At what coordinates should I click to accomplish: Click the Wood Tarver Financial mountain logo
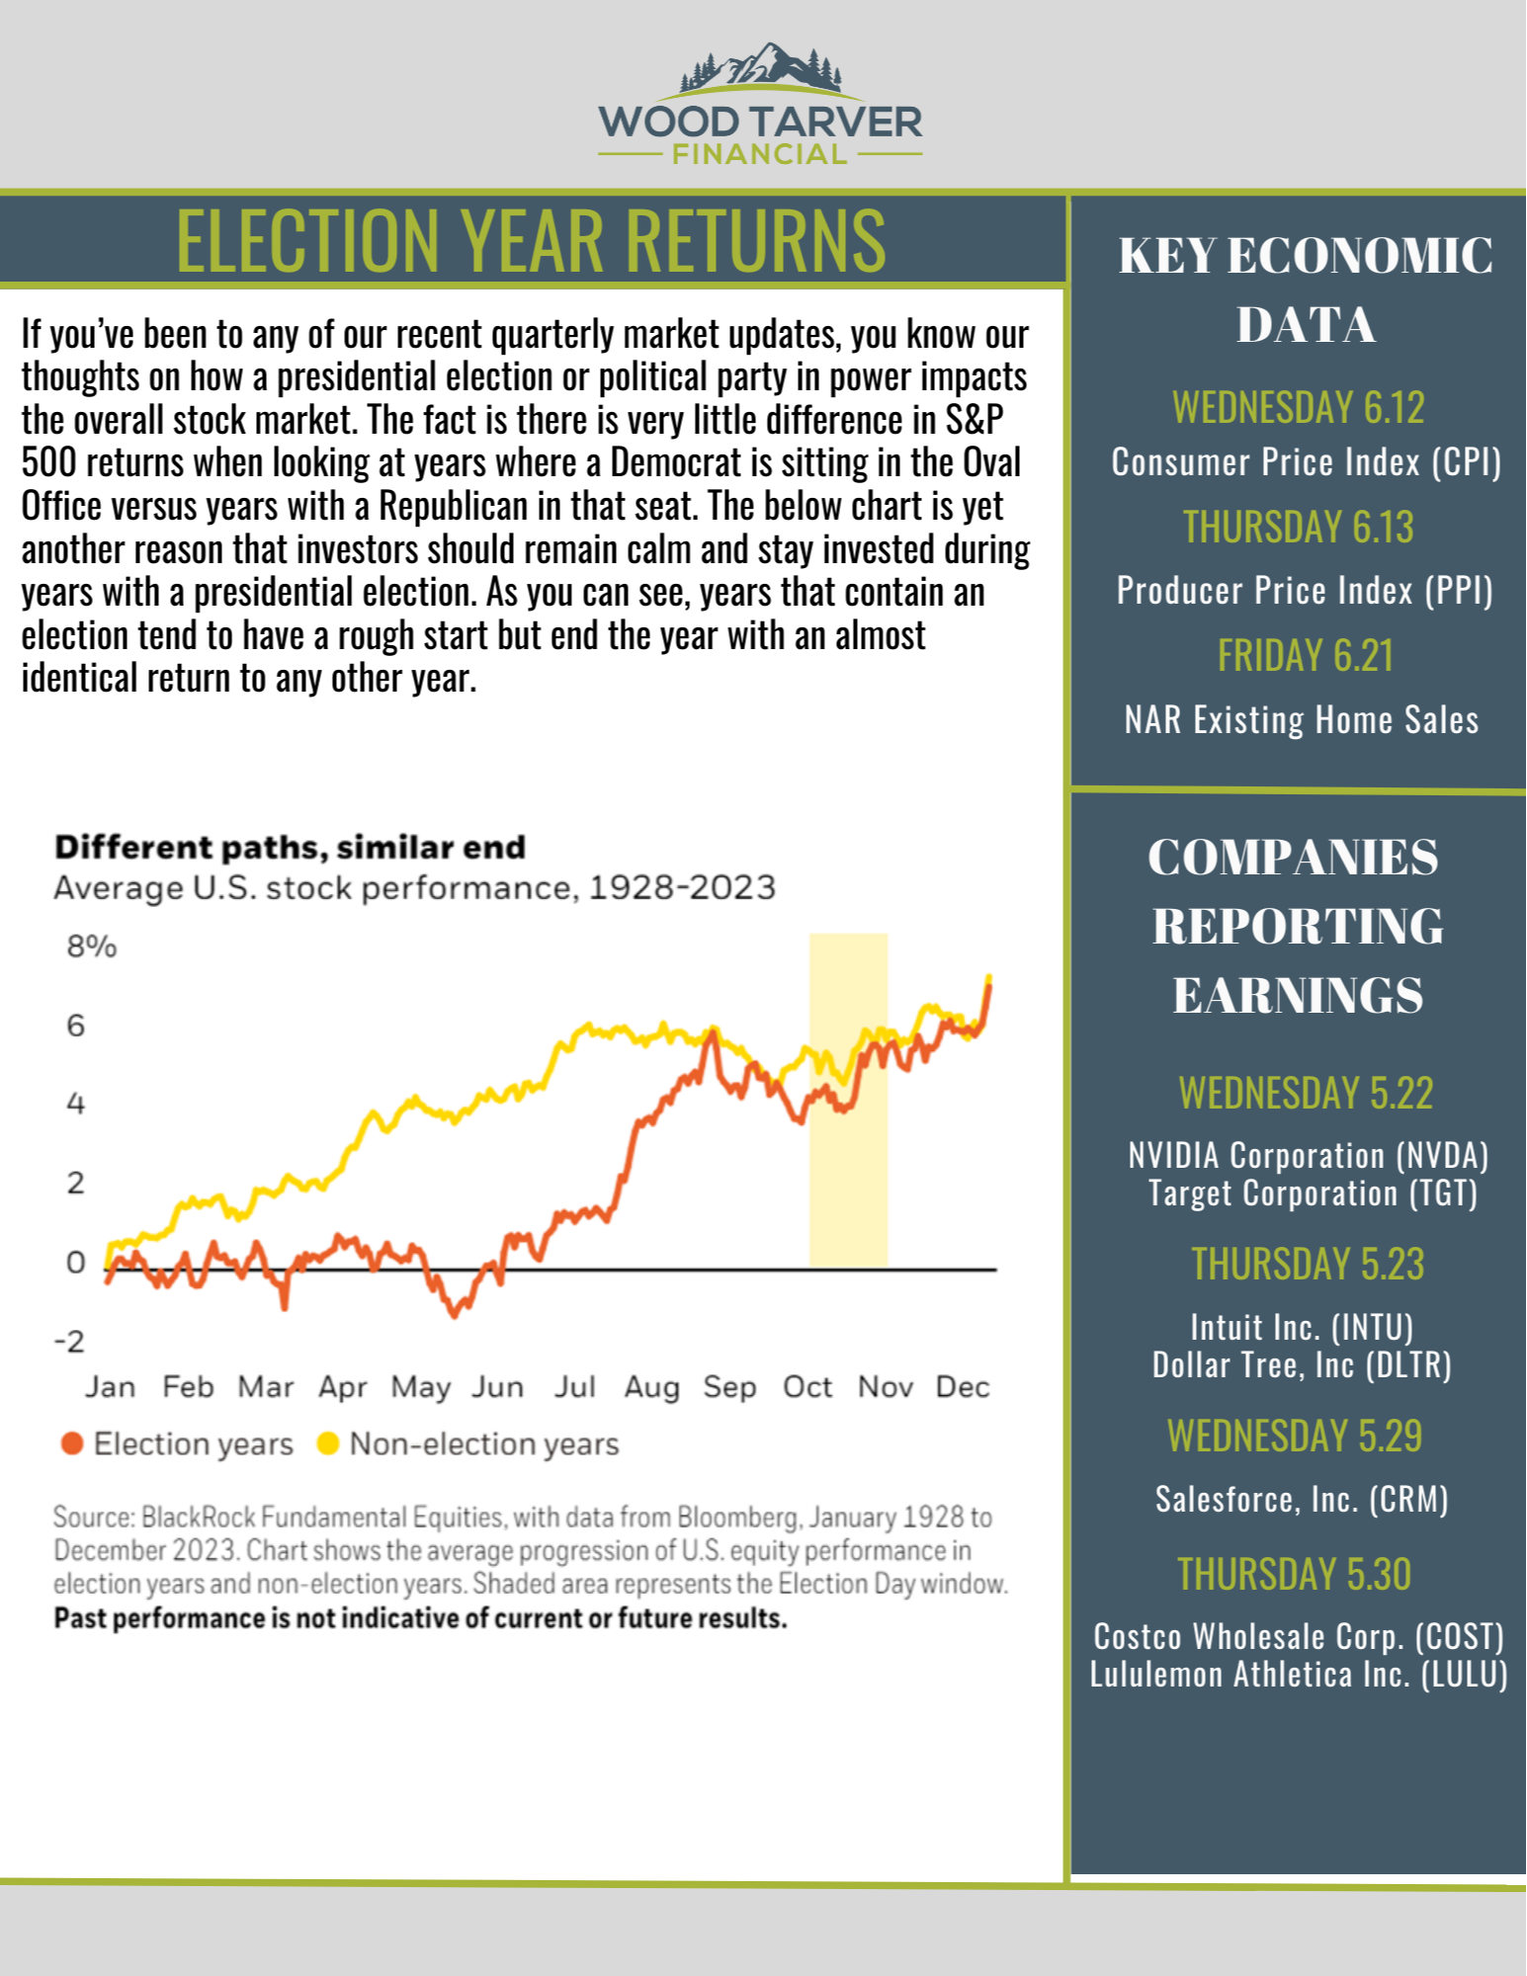coord(760,104)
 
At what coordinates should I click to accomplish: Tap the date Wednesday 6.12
coord(1298,407)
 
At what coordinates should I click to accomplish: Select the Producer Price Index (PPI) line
coord(1304,591)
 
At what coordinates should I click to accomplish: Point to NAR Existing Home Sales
coord(1301,720)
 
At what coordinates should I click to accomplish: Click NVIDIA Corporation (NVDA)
coord(1308,1155)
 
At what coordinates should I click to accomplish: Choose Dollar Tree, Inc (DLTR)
coord(1301,1365)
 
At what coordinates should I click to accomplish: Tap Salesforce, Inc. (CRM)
coord(1301,1500)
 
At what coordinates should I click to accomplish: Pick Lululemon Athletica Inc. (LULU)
coord(1299,1675)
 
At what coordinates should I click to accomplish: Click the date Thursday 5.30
coord(1294,1574)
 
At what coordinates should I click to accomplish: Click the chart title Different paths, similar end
coord(290,848)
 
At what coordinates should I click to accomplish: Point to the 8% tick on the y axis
coord(91,947)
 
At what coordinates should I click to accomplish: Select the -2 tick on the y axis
coord(69,1342)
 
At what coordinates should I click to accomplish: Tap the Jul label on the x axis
coord(574,1387)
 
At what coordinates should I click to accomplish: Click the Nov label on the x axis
coord(885,1387)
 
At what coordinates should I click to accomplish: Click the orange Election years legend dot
coord(71,1443)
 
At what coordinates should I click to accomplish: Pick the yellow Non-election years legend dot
coord(327,1443)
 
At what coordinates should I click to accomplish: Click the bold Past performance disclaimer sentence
coord(420,1618)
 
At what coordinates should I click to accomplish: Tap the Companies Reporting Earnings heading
coord(1296,926)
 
